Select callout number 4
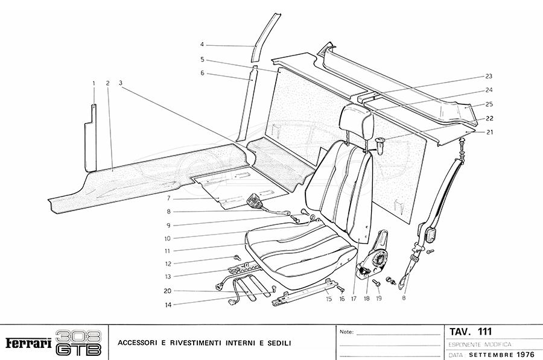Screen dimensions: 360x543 (203, 45)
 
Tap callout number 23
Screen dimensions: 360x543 (489, 77)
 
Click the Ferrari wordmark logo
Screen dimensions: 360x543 (28, 343)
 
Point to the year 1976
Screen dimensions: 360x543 (525, 355)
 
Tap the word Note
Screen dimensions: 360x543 (347, 332)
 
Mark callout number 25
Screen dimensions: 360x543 (489, 104)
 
